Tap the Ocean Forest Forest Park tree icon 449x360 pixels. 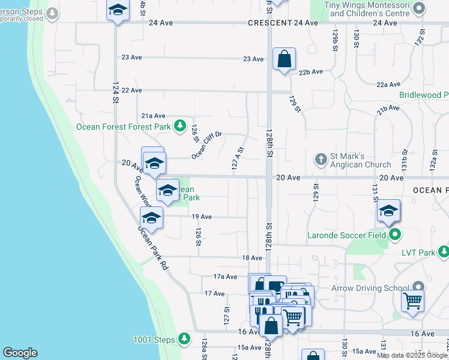pyautogui.click(x=179, y=126)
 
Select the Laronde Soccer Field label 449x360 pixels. pyautogui.click(x=346, y=235)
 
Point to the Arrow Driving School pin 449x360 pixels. pyautogui.click(x=419, y=288)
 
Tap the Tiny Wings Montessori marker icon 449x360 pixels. pyautogui.click(x=419, y=8)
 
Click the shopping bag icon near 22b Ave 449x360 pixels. pyautogui.click(x=284, y=60)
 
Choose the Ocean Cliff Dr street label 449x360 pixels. pyautogui.click(x=207, y=146)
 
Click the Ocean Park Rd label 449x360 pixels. pyautogui.click(x=152, y=247)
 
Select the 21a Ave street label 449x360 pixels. pyautogui.click(x=153, y=116)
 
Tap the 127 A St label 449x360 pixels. pyautogui.click(x=238, y=159)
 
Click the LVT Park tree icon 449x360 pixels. pyautogui.click(x=443, y=253)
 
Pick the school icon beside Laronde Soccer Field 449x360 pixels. pyautogui.click(x=389, y=211)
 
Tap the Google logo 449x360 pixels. pyautogui.click(x=20, y=353)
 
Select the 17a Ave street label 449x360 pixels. pyautogui.click(x=226, y=277)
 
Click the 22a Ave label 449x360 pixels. pyautogui.click(x=388, y=85)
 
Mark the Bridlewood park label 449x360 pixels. pyautogui.click(x=424, y=95)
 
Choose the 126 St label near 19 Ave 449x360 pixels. pyautogui.click(x=197, y=236)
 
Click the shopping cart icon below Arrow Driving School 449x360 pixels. pyautogui.click(x=412, y=301)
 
